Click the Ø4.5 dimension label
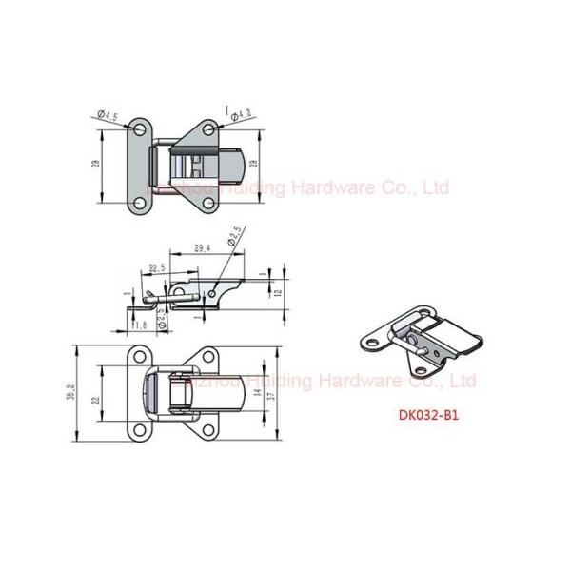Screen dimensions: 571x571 coord(108,116)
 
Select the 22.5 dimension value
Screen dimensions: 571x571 coord(156,268)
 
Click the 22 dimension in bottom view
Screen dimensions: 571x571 coord(96,401)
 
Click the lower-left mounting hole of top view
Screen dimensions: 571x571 coord(140,203)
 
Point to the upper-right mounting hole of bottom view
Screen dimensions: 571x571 coord(208,359)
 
